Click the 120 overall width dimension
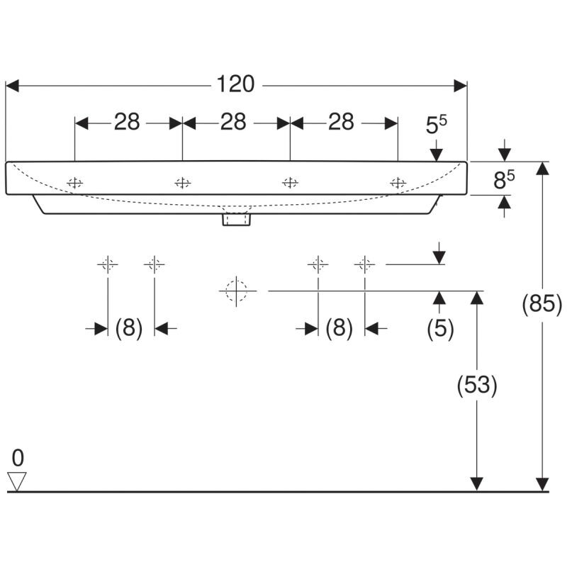(235, 84)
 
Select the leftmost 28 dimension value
(127, 122)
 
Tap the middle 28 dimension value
(233, 122)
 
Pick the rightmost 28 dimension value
(341, 122)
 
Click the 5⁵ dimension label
(436, 125)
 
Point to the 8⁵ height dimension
(504, 180)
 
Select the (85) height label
(541, 303)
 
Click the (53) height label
(477, 385)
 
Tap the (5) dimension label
(440, 329)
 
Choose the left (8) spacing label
(129, 329)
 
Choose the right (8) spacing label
(339, 329)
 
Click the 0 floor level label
(18, 458)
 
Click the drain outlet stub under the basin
(237, 220)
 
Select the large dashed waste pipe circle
(236, 291)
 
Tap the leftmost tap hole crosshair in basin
(75, 183)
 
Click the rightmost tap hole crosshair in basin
(398, 183)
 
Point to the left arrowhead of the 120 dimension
(12, 86)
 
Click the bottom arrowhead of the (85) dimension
(542, 485)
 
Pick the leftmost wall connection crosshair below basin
(108, 264)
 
